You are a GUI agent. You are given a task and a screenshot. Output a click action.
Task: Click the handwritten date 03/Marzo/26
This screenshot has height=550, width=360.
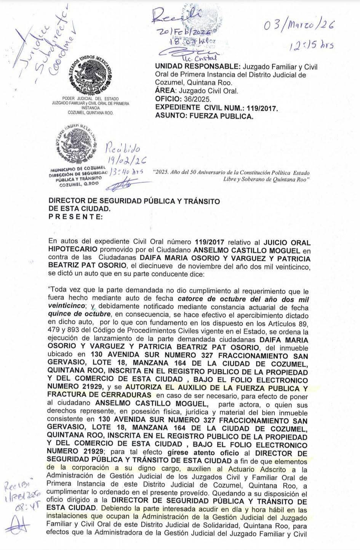pyautogui.click(x=299, y=26)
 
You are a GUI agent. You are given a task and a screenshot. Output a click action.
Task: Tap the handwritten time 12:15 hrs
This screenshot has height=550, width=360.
pyautogui.click(x=311, y=46)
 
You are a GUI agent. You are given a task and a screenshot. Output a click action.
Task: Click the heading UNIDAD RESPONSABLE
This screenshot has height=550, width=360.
pyautogui.click(x=198, y=67)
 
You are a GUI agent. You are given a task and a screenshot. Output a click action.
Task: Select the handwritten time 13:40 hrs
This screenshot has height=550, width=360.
pyautogui.click(x=126, y=172)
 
